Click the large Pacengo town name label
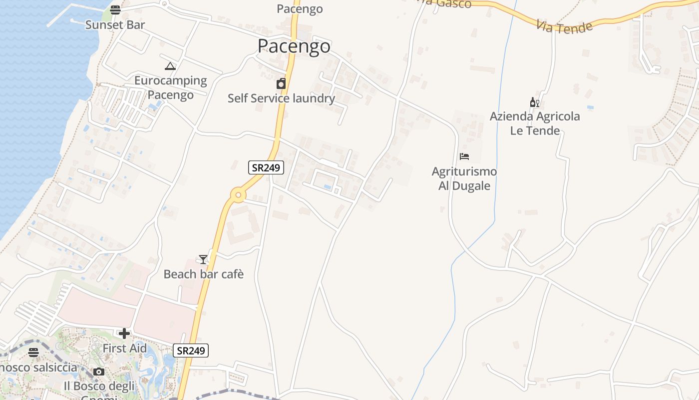[x=294, y=46]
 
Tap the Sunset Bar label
[x=115, y=24]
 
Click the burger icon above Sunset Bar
[x=115, y=9]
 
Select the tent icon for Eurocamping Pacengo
[x=170, y=66]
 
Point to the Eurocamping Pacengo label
[x=170, y=87]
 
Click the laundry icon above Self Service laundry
[x=281, y=83]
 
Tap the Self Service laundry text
[x=281, y=98]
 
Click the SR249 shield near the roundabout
[x=266, y=167]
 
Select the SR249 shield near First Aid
[x=191, y=350]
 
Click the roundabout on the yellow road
[x=238, y=195]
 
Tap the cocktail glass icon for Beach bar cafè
[x=203, y=259]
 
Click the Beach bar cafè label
[x=204, y=274]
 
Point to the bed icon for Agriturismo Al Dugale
[x=464, y=156]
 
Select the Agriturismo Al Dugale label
[x=464, y=178]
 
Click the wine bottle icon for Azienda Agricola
[x=534, y=102]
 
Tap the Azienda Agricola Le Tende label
[x=535, y=123]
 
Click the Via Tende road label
[x=564, y=26]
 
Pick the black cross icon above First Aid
[x=124, y=333]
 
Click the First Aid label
[x=125, y=348]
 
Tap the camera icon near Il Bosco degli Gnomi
[x=99, y=371]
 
